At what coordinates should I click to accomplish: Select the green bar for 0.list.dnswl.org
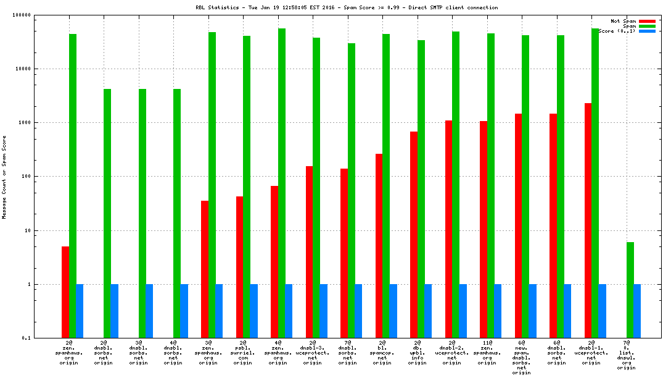tap(630, 290)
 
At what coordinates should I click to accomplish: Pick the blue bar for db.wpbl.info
tap(427, 311)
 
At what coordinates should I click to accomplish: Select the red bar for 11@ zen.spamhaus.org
tap(484, 229)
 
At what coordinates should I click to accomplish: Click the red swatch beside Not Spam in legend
tap(647, 21)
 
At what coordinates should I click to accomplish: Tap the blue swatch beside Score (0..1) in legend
tap(647, 31)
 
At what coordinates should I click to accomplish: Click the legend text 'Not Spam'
tap(623, 21)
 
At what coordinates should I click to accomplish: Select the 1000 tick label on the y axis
tap(25, 123)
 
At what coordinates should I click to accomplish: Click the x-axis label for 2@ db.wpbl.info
tap(418, 353)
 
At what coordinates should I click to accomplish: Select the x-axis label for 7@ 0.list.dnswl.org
tap(627, 355)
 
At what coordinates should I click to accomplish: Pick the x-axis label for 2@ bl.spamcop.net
tap(382, 353)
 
